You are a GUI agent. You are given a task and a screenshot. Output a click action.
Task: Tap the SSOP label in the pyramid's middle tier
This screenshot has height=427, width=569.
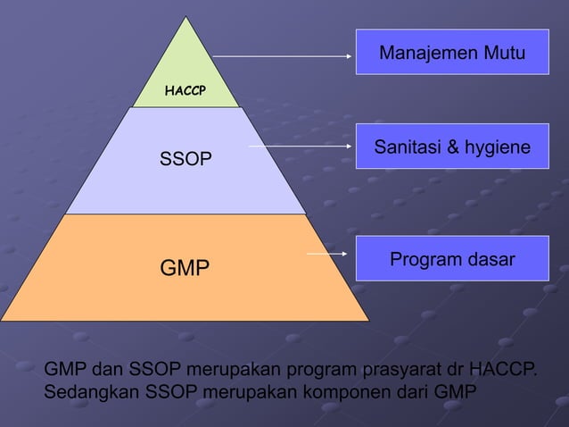186,160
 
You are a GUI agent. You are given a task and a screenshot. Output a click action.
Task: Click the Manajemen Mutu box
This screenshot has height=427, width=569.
452,52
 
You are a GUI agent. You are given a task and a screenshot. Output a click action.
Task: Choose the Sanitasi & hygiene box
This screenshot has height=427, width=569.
452,147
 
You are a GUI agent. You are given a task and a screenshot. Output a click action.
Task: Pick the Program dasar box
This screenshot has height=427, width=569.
452,259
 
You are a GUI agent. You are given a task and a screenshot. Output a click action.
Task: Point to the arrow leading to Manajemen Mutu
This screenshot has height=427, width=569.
283,56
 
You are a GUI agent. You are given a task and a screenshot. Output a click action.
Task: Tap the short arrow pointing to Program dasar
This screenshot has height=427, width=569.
326,255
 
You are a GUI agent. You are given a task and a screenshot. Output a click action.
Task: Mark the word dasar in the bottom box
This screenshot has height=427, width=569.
490,260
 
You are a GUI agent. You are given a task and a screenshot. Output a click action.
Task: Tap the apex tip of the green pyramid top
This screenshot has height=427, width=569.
187,17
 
